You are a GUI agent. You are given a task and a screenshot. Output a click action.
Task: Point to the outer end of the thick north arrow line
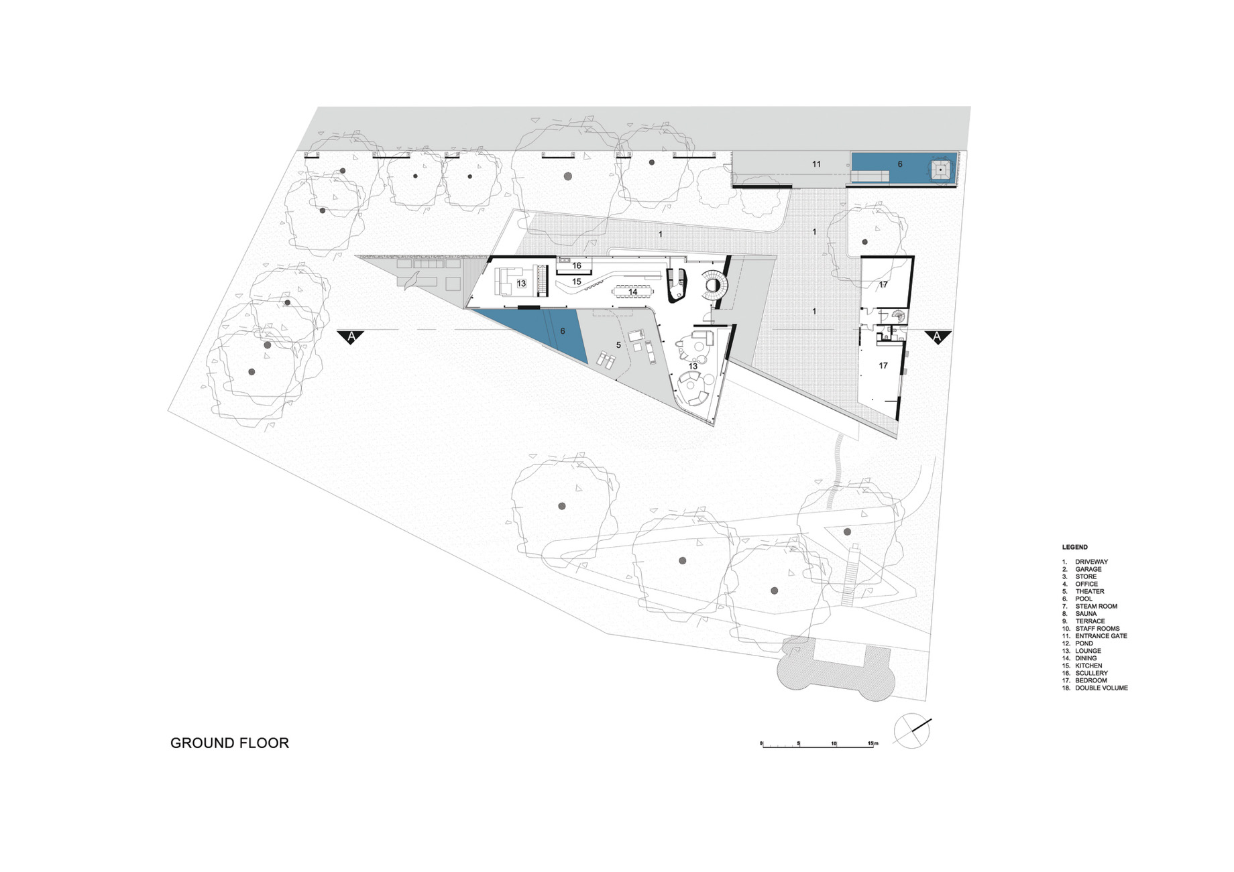point(932,720)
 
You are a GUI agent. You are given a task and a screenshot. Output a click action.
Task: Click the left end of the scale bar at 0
point(762,746)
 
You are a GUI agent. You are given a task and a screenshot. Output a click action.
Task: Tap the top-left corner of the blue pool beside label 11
point(852,153)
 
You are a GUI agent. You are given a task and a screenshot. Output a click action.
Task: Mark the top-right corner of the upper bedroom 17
point(914,257)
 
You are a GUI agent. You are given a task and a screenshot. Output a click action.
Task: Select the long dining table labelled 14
point(633,292)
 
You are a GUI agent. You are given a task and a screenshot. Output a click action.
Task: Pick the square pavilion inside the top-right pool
point(941,170)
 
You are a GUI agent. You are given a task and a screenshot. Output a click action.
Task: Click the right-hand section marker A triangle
point(938,337)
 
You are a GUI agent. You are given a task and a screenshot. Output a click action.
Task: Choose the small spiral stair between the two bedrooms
point(897,316)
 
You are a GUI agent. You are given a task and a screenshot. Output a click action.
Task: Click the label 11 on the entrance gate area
point(816,164)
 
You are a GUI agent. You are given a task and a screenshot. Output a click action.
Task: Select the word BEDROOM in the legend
point(1091,680)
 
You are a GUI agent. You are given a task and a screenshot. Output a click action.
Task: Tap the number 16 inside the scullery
point(577,266)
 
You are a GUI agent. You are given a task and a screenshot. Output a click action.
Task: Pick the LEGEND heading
point(1075,547)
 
